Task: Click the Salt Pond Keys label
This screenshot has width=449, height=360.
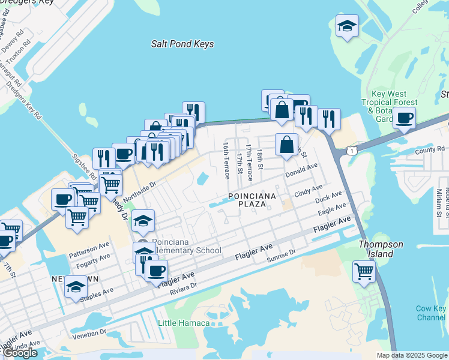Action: [x=182, y=44]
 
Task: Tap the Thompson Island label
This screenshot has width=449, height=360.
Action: [x=376, y=249]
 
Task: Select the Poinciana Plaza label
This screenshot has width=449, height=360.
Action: [x=252, y=200]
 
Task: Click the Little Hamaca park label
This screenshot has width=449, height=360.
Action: [x=184, y=323]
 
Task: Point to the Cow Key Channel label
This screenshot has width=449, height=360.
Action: [x=431, y=313]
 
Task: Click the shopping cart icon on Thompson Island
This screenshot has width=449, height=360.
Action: [x=364, y=271]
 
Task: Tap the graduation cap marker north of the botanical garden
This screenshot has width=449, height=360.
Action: [x=347, y=26]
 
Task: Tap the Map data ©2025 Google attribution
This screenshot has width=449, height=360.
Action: [x=411, y=355]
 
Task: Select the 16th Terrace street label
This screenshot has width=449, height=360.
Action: [x=226, y=160]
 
